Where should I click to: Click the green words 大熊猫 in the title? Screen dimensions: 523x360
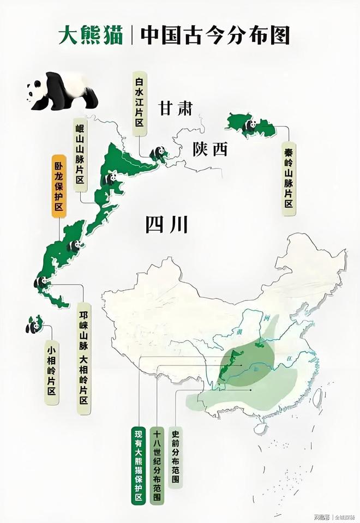[91, 35]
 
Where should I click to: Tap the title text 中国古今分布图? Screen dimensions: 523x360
[215, 35]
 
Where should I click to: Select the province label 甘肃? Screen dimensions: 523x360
[176, 108]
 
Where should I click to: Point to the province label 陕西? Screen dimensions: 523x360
[209, 150]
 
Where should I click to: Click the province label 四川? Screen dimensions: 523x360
[166, 224]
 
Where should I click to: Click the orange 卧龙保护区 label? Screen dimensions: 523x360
[58, 186]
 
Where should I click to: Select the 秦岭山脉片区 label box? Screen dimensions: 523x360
[289, 179]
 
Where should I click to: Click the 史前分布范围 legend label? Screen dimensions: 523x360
[176, 457]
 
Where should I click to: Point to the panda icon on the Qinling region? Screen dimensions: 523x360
[250, 125]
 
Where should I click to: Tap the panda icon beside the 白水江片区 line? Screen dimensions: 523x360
[159, 153]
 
